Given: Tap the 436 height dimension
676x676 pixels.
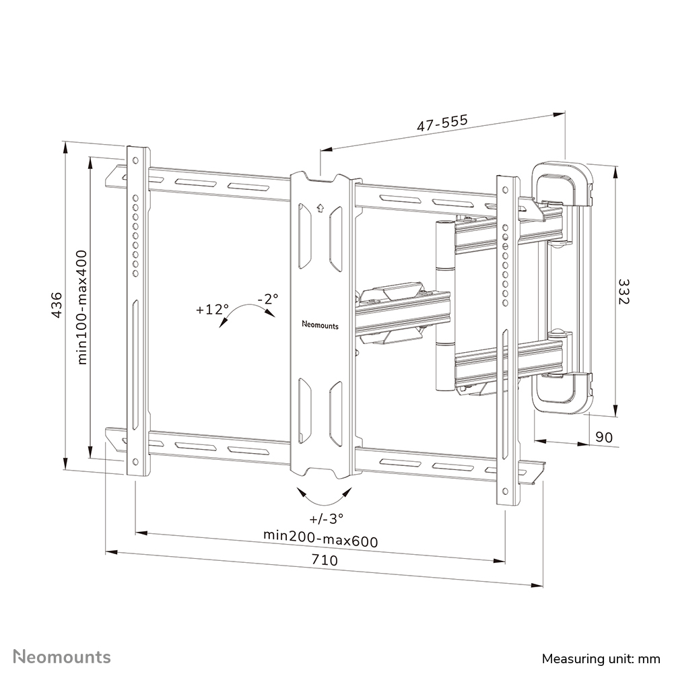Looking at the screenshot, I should coord(57,305).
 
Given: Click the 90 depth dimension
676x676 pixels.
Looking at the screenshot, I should coord(604,437).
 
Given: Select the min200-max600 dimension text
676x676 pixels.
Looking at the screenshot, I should coord(320,540).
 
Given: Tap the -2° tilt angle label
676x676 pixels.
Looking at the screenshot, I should coord(267,298).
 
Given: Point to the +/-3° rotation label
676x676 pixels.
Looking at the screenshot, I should coord(326,519).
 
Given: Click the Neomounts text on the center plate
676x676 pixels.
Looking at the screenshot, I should coord(320,325).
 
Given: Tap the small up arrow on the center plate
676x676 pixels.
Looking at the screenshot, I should coord(320,207).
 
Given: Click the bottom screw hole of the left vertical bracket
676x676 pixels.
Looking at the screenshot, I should coord(135,463).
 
